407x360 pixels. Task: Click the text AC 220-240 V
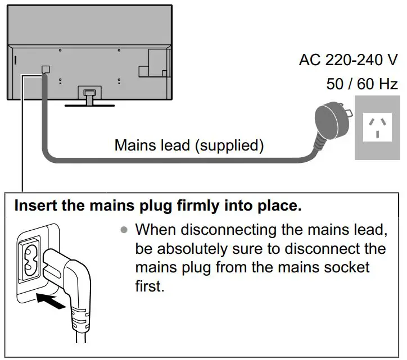pyautogui.click(x=349, y=60)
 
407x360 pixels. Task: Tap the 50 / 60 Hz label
pyautogui.click(x=362, y=85)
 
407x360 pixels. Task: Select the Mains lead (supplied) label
pyautogui.click(x=189, y=145)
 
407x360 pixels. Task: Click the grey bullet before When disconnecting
pyautogui.click(x=123, y=230)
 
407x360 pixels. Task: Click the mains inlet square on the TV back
pyautogui.click(x=46, y=70)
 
